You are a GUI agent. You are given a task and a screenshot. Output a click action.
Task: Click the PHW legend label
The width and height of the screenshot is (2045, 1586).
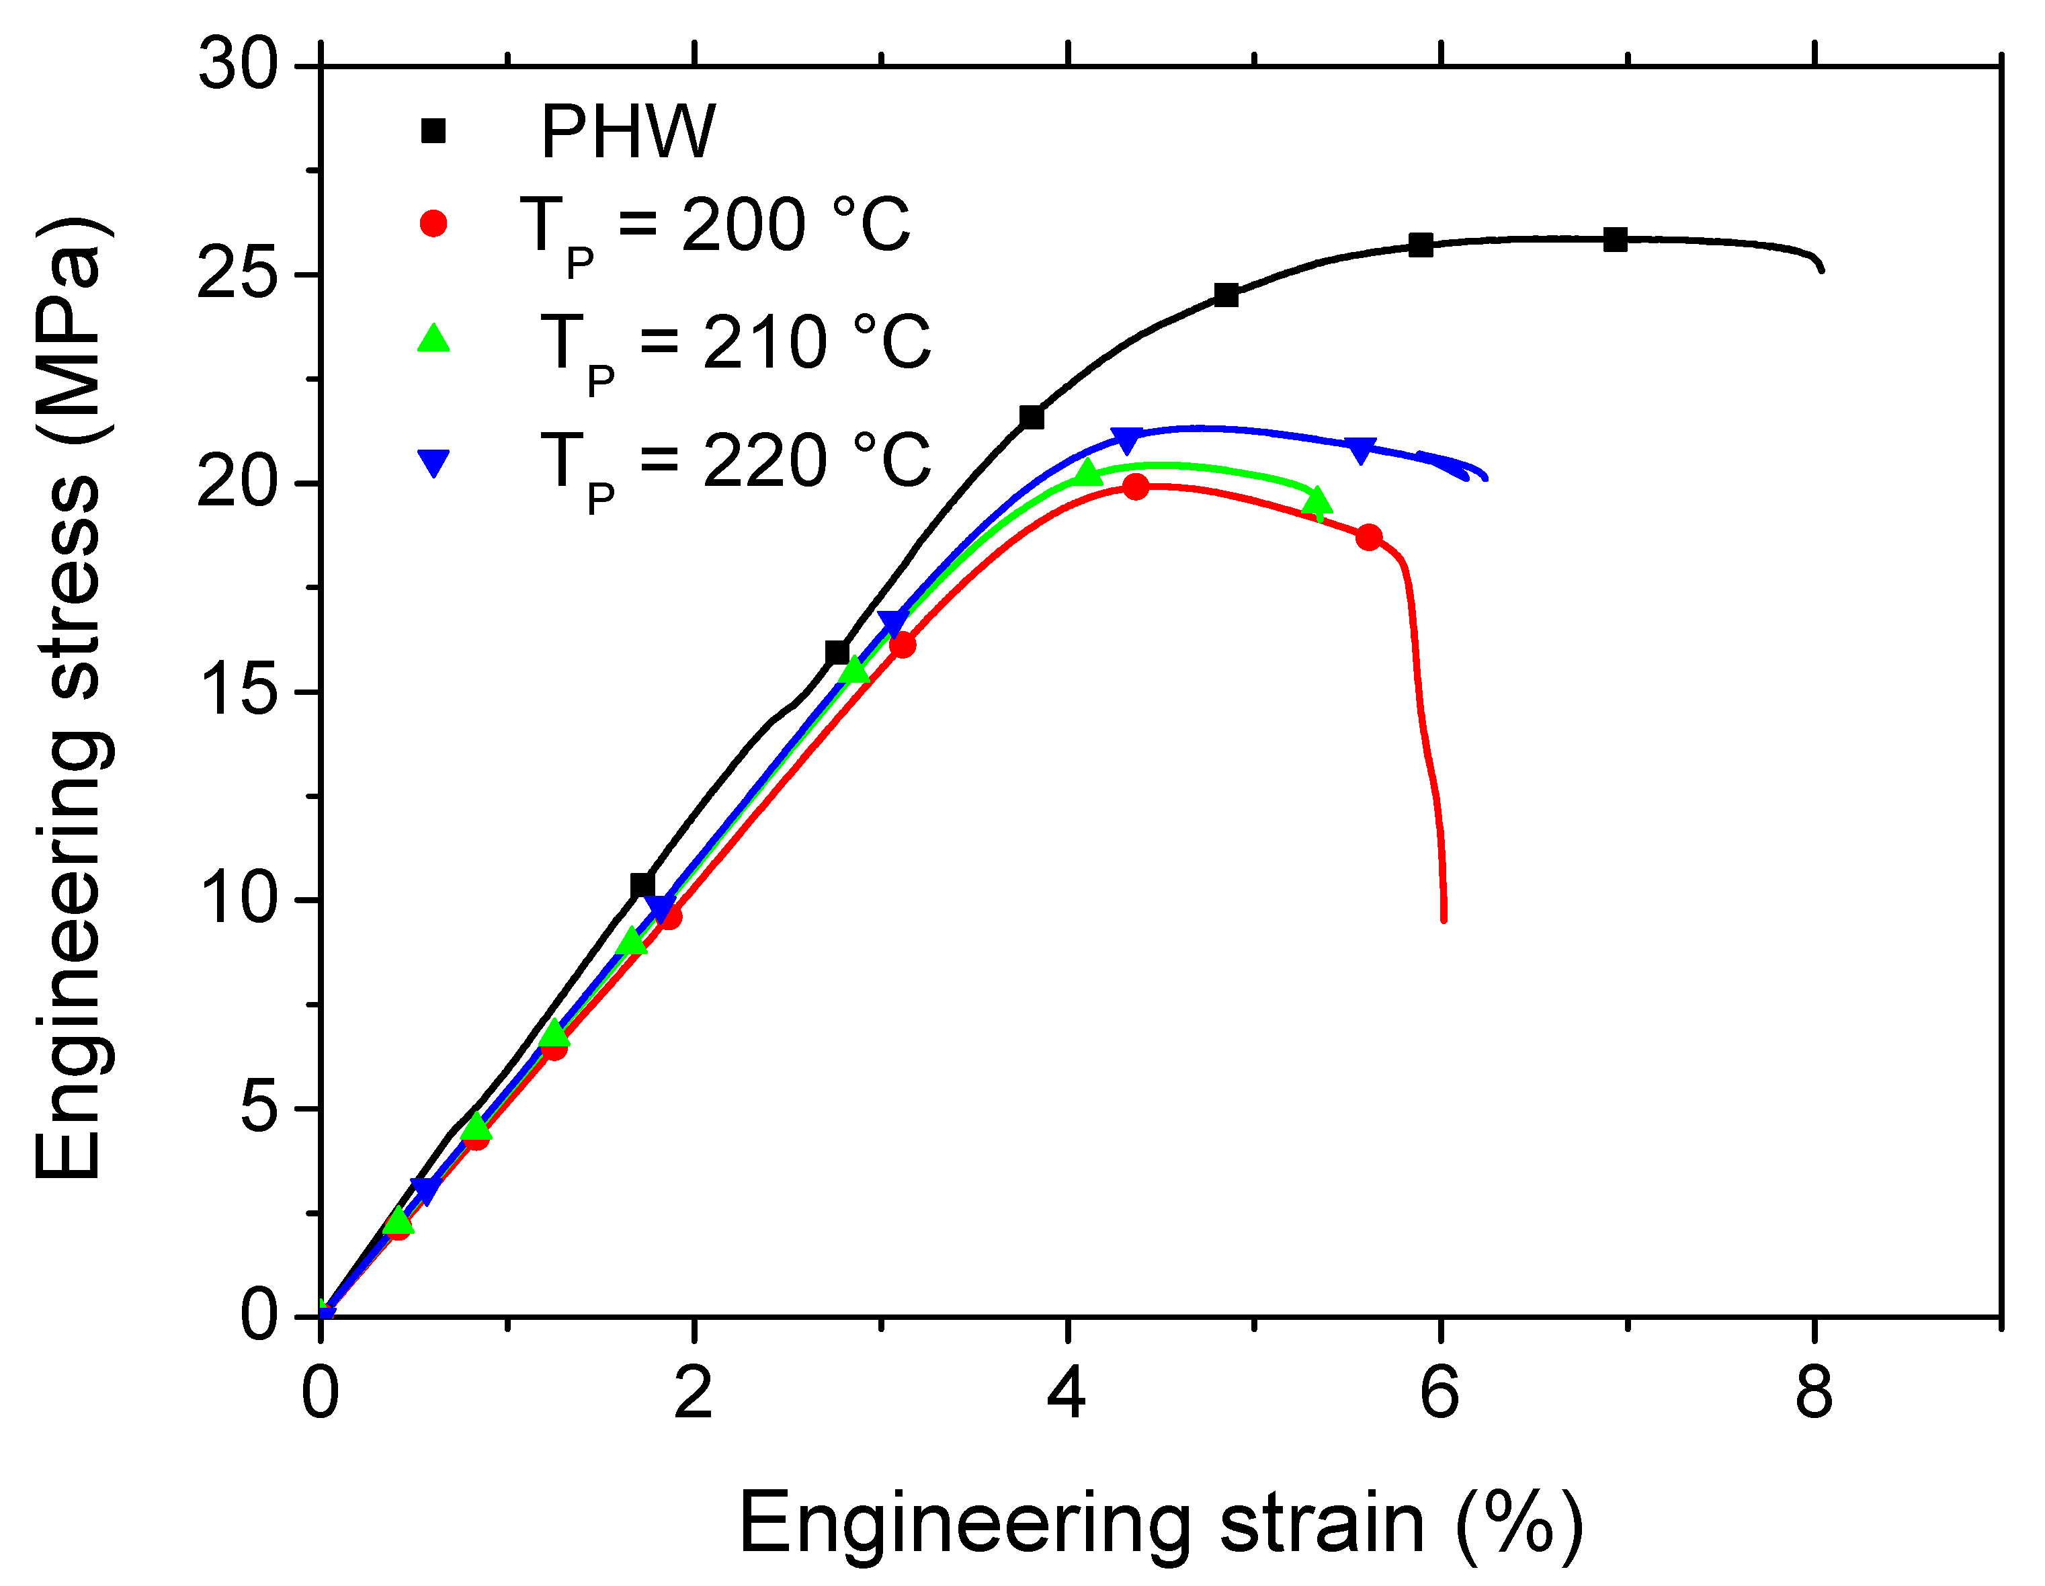click(628, 132)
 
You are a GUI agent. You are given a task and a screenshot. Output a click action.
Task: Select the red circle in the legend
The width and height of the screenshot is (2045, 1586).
click(433, 224)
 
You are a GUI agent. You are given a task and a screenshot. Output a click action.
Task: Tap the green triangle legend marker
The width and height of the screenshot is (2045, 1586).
click(433, 339)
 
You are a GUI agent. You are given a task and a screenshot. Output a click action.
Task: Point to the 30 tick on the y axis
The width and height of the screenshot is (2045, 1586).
click(239, 67)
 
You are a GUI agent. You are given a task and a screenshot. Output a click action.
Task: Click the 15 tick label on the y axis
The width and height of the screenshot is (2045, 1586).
click(239, 692)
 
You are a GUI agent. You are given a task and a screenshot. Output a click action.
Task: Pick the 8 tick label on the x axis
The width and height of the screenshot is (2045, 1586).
click(1814, 1394)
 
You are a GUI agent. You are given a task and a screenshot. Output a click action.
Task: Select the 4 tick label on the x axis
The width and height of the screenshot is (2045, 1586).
click(1067, 1394)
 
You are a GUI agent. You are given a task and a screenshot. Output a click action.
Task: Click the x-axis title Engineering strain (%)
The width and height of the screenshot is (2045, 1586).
click(1161, 1524)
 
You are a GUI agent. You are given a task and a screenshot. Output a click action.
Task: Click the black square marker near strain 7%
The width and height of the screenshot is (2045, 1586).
click(1615, 240)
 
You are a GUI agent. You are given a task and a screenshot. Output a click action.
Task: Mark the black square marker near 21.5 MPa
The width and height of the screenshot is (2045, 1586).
click(1032, 417)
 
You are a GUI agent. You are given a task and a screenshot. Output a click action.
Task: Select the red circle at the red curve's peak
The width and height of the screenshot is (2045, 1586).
click(1136, 487)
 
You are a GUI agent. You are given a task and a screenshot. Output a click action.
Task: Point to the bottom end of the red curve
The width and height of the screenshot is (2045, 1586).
click(1444, 919)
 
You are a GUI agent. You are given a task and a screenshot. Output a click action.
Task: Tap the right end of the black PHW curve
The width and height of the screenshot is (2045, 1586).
click(1822, 269)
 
